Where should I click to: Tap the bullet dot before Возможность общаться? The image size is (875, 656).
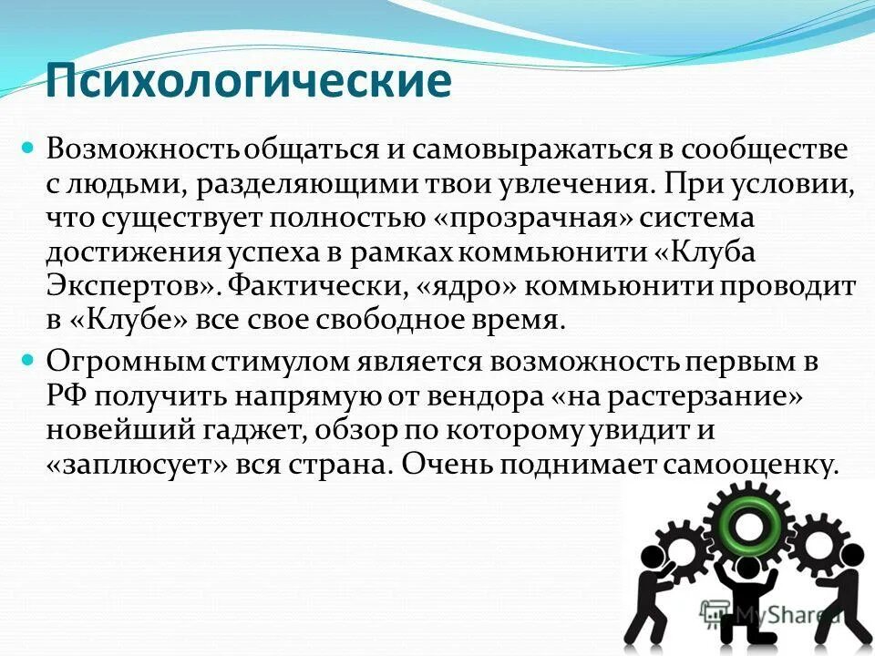click(27, 146)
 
